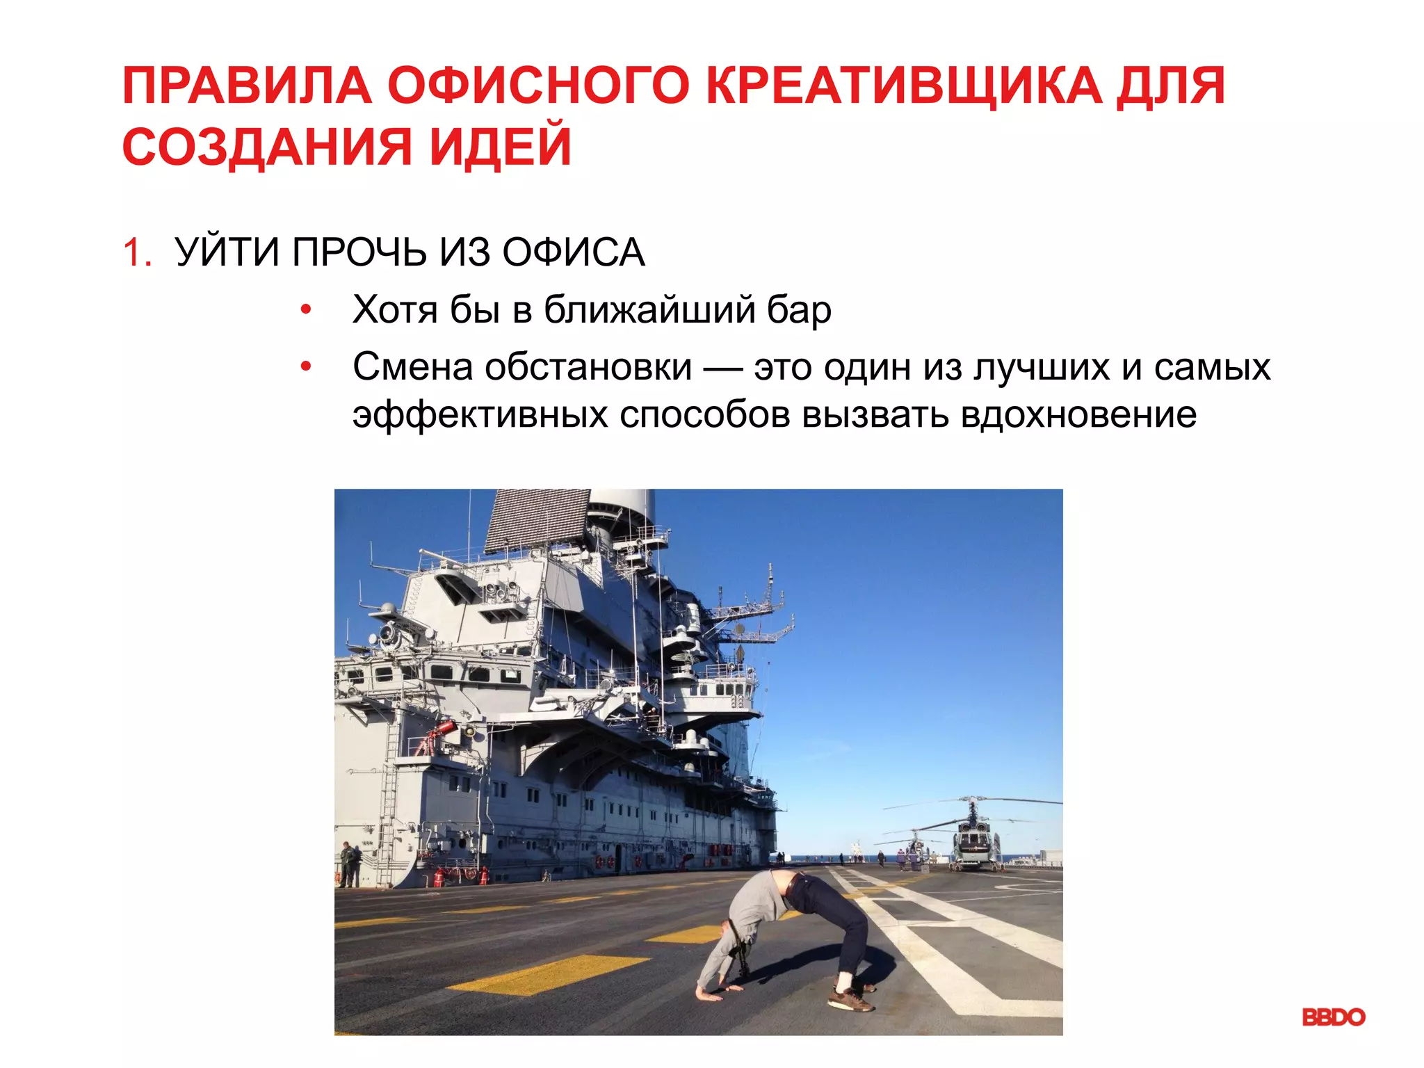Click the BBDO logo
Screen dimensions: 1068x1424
[x=1333, y=1017]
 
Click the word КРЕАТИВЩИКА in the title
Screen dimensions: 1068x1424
[x=904, y=86]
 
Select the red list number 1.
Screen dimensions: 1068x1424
[x=136, y=252]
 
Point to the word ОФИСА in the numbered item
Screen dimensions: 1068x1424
[x=573, y=252]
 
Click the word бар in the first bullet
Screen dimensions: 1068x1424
[x=798, y=310]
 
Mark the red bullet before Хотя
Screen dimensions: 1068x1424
[x=305, y=310]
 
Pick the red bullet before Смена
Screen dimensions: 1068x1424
[x=305, y=367]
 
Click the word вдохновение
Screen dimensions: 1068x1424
[x=1078, y=415]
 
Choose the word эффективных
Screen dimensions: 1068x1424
[x=480, y=415]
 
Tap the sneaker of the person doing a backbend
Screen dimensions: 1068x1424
[x=850, y=1001]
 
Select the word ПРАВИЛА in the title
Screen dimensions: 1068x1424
[x=248, y=86]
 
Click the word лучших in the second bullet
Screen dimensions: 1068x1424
[x=1041, y=367]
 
